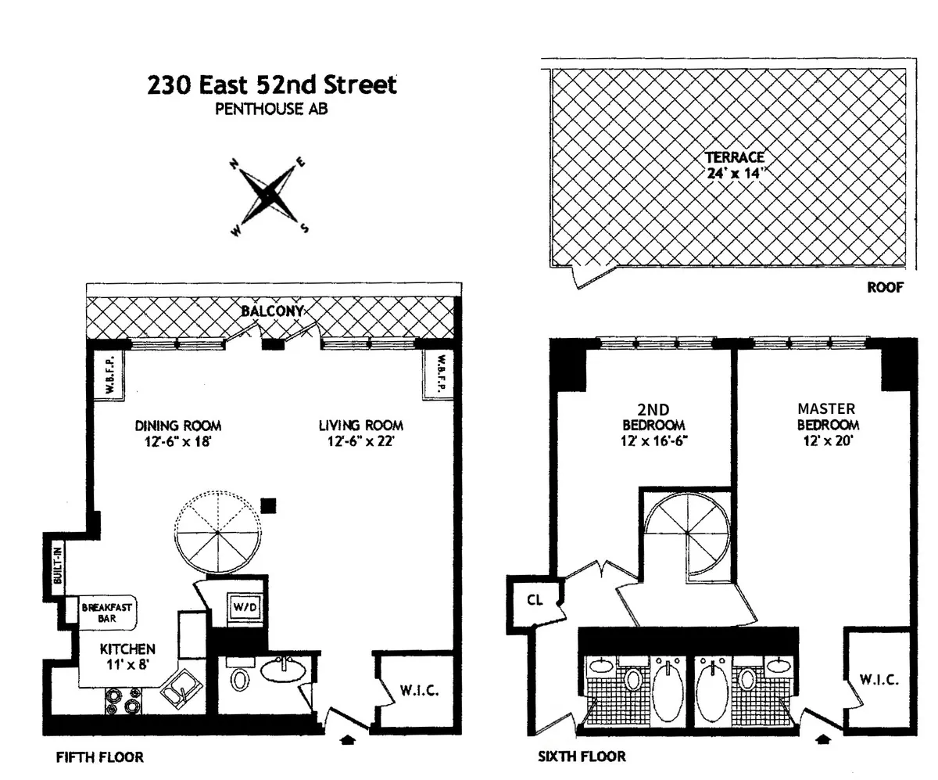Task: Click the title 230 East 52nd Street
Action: (271, 84)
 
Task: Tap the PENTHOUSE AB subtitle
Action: (271, 110)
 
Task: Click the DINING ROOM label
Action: (178, 433)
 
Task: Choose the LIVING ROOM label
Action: (360, 433)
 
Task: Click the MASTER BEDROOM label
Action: (826, 416)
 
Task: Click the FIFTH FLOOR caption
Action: (99, 757)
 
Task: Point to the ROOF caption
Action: (885, 287)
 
